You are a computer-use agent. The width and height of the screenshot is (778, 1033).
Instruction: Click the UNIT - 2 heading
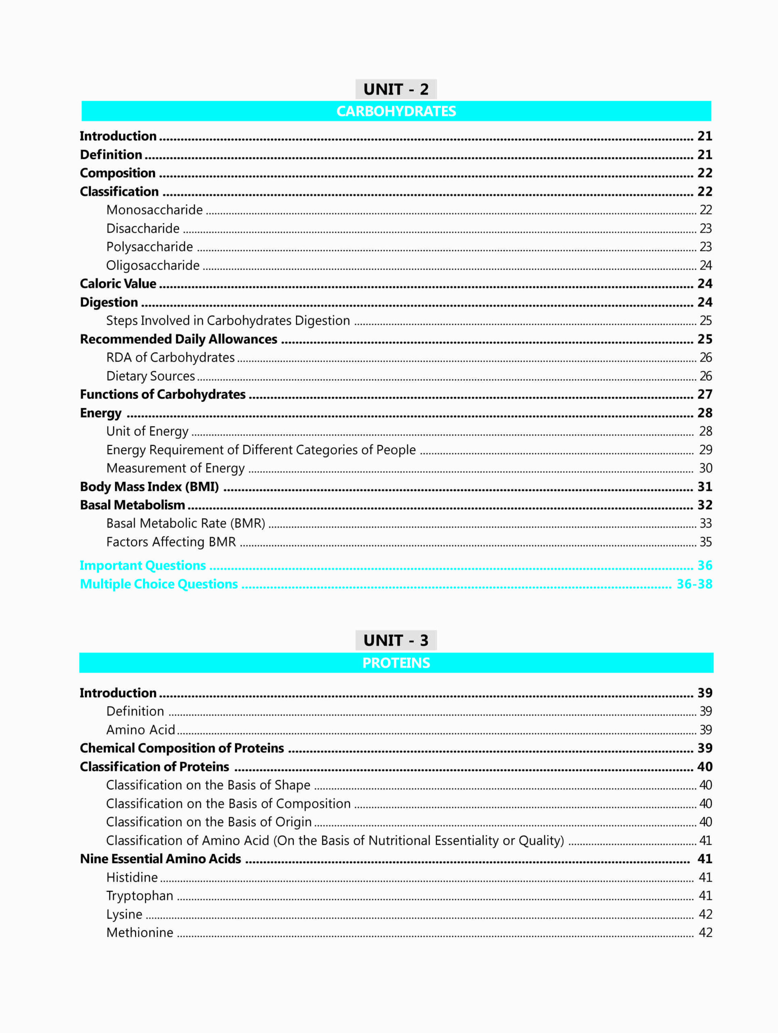pyautogui.click(x=396, y=89)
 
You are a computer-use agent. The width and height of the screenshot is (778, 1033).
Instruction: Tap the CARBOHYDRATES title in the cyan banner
pyautogui.click(x=396, y=111)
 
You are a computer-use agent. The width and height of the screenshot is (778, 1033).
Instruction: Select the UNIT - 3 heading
pyautogui.click(x=396, y=640)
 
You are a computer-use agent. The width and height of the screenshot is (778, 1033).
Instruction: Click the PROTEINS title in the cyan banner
pyautogui.click(x=396, y=663)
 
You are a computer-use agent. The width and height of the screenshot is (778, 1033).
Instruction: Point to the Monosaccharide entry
pyautogui.click(x=154, y=210)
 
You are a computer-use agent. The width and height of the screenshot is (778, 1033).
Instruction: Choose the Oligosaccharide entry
pyautogui.click(x=153, y=265)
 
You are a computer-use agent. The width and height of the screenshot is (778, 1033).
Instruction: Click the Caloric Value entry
pyautogui.click(x=118, y=283)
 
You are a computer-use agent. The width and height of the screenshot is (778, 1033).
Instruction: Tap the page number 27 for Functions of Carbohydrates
pyautogui.click(x=705, y=394)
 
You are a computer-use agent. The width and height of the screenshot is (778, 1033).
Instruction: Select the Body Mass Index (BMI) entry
pyautogui.click(x=149, y=487)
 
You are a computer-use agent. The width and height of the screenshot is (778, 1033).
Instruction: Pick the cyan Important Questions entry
pyautogui.click(x=143, y=566)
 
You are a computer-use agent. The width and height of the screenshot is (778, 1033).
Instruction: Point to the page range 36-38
pyautogui.click(x=694, y=584)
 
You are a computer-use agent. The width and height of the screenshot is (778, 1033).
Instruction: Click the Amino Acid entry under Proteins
pyautogui.click(x=140, y=730)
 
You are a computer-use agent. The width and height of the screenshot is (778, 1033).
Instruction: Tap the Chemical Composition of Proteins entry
pyautogui.click(x=182, y=748)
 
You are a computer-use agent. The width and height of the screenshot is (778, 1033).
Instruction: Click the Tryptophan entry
pyautogui.click(x=139, y=896)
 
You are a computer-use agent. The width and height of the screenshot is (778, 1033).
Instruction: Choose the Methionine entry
pyautogui.click(x=139, y=933)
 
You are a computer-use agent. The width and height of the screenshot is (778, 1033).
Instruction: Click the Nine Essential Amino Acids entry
pyautogui.click(x=160, y=859)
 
